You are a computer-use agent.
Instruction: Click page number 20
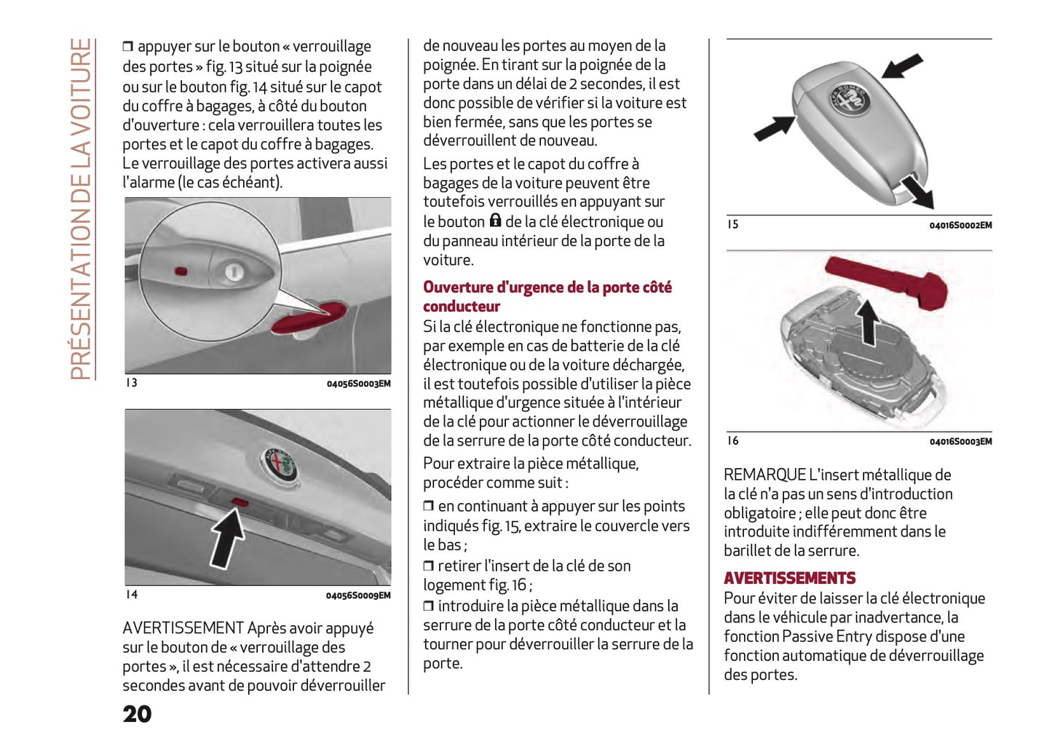pos(137,714)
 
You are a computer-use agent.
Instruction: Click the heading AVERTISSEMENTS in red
pos(789,578)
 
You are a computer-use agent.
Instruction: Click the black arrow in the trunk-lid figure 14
pos(228,538)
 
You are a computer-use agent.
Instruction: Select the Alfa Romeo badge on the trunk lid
pos(280,464)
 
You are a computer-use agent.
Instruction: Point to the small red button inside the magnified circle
pos(181,272)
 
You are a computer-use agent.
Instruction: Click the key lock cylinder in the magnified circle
pos(233,272)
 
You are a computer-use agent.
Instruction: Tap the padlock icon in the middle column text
pos(495,221)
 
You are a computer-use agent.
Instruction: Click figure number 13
pos(131,383)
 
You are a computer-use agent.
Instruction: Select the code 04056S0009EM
pos(357,595)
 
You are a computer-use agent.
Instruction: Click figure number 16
pos(732,440)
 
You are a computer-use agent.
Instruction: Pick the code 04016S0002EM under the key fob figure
pos(960,226)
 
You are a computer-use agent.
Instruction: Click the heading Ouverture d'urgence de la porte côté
pos(547,288)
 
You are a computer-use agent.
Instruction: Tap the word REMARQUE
pos(764,475)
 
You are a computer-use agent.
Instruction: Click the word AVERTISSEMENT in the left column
pos(183,627)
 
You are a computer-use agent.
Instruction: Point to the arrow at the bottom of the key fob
pos(916,191)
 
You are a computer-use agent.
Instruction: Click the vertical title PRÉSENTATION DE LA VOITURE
pos(81,209)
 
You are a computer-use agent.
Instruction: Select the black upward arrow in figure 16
pos(867,322)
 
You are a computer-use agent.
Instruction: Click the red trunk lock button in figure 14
pos(240,502)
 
